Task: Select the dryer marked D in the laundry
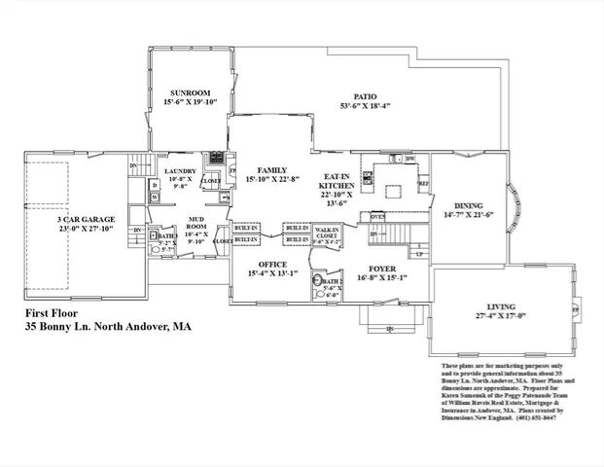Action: coord(155,184)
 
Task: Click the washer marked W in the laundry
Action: coord(155,198)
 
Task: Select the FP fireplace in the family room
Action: coord(231,175)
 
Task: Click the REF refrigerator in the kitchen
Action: coord(423,183)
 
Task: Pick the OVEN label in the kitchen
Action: coord(377,216)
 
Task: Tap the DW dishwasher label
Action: coord(409,158)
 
